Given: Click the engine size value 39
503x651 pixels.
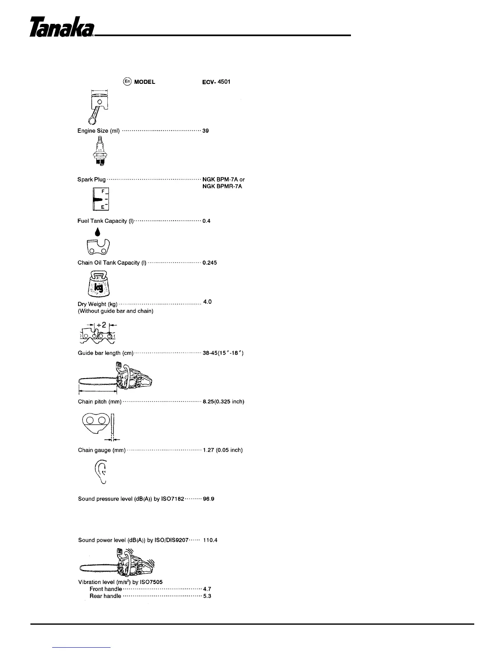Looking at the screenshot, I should coord(206,131).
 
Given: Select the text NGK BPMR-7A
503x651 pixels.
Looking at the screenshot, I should coord(222,187).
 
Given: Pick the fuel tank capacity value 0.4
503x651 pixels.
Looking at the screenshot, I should coord(206,221).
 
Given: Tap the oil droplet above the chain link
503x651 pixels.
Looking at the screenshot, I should coord(97,232).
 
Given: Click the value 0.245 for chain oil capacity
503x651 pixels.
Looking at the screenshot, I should coord(210,263).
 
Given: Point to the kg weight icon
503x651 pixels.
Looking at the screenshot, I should coord(99,284).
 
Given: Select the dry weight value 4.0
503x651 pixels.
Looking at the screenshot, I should coord(208,302).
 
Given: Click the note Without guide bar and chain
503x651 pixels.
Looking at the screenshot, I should coord(115,311).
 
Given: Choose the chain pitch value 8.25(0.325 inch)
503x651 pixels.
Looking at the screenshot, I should coord(224,402).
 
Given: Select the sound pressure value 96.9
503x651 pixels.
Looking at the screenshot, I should coord(209,499).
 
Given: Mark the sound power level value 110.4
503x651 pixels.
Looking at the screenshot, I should coord(210,540).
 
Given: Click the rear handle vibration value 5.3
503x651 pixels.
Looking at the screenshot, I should coord(207,596).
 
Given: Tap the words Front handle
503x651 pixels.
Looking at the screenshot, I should coord(106,589).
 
